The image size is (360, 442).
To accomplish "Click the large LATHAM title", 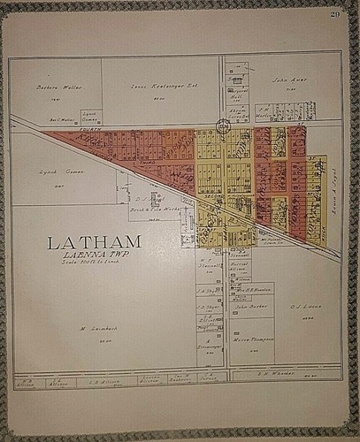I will [x=94, y=241].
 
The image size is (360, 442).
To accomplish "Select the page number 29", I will [x=334, y=14].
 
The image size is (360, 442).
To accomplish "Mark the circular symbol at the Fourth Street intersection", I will [x=223, y=126].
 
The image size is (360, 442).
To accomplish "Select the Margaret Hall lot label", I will [x=237, y=94].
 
